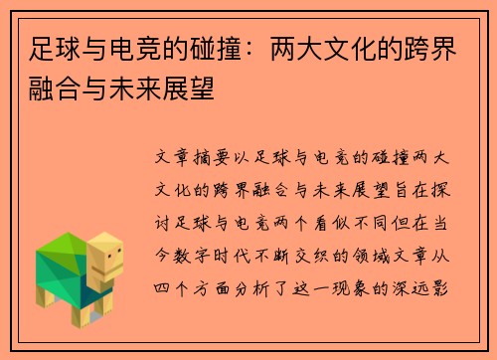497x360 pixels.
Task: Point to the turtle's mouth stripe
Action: click(x=110, y=270)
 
